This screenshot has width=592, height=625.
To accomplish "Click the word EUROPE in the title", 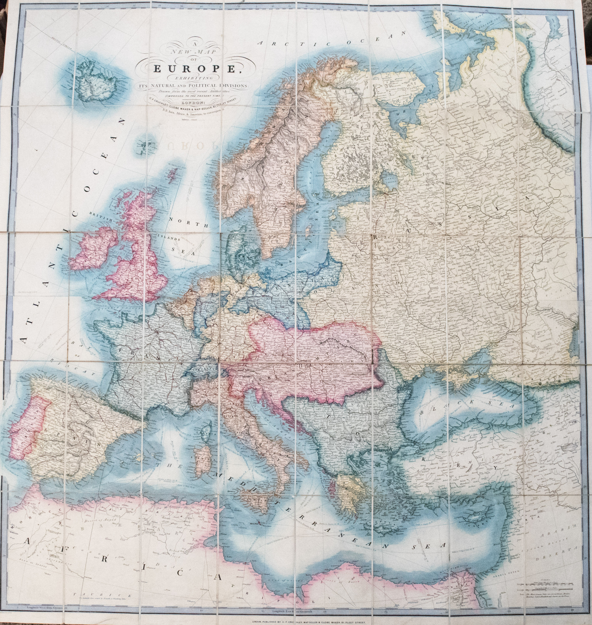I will tap(196, 69).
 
